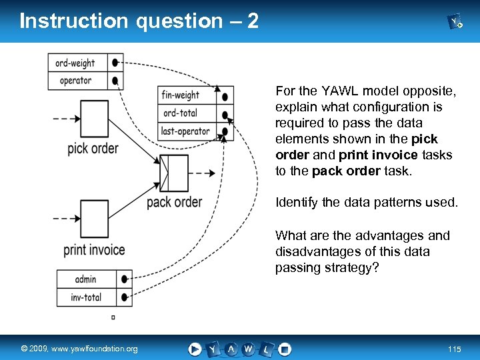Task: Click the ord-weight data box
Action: (75, 63)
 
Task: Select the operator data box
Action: (75, 81)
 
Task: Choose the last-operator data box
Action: (185, 131)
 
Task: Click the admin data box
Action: (85, 279)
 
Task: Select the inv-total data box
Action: (85, 297)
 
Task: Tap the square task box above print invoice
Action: (94, 219)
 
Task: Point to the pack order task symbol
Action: (175, 173)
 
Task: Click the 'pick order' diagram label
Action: (93, 148)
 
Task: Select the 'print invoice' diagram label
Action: (94, 250)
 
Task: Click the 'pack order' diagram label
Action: (174, 201)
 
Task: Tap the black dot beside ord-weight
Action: (115, 63)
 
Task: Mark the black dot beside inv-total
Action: (124, 297)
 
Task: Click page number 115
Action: (455, 349)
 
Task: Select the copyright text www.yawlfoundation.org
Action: (79, 349)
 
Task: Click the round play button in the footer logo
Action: (195, 349)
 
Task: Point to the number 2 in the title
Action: (252, 21)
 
